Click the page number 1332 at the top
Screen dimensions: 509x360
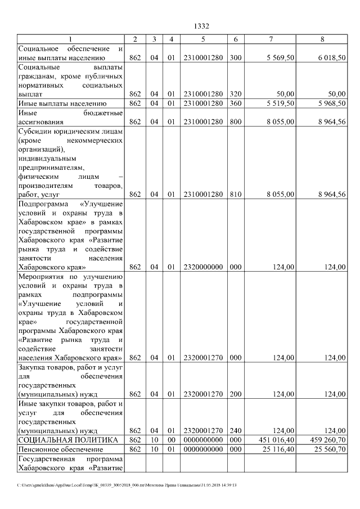point(201,26)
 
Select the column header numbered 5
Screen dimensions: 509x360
point(203,39)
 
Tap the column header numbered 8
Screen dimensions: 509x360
point(322,39)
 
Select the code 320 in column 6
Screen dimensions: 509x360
point(235,94)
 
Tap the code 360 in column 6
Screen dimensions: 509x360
point(235,103)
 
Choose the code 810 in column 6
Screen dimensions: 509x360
point(235,194)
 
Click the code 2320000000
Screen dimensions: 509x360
point(203,267)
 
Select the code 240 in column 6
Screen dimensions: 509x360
point(235,430)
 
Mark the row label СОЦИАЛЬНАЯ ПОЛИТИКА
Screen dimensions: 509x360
point(68,439)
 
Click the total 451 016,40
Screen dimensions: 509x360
point(276,439)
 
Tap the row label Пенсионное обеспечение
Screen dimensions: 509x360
point(61,449)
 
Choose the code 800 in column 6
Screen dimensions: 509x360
point(235,121)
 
